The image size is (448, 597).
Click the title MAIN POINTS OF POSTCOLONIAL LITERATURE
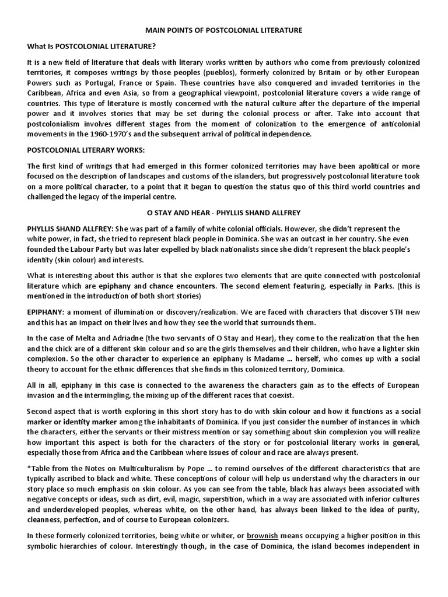(x=223, y=30)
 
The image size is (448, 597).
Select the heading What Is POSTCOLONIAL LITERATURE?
(x=91, y=46)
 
